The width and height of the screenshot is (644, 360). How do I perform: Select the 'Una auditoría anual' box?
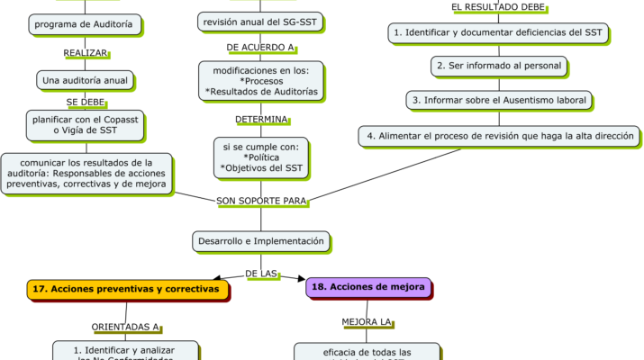[x=86, y=80]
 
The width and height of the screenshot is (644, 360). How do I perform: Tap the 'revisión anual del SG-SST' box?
[x=259, y=21]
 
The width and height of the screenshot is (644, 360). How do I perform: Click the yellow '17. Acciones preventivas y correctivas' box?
[x=125, y=289]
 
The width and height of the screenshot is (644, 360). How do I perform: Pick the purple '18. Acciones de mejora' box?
[x=369, y=287]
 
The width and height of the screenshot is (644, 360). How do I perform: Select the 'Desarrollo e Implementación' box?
[x=259, y=240]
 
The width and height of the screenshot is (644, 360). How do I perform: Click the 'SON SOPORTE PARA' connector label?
[x=261, y=200]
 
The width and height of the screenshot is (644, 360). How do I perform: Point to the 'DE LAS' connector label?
[x=261, y=273]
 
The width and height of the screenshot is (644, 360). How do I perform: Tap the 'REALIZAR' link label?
[x=86, y=53]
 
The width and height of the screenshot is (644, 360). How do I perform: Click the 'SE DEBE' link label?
[x=86, y=102]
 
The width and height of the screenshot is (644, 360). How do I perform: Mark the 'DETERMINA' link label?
[x=261, y=119]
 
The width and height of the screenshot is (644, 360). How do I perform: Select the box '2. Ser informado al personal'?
[x=498, y=66]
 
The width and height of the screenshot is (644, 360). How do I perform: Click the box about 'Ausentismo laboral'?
[x=498, y=99]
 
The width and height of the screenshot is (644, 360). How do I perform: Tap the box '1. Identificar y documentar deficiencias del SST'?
[x=498, y=33]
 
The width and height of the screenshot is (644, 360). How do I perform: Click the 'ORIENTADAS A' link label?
[x=125, y=327]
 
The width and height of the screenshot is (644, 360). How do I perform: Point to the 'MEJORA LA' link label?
[x=367, y=321]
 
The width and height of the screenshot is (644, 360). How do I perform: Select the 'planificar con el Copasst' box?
[x=86, y=124]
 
